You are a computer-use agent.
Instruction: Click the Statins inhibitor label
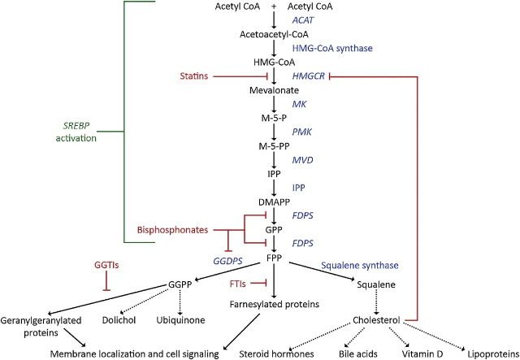(x=195, y=76)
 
